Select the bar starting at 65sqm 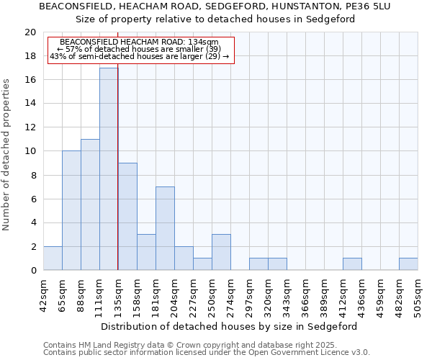tap(71, 211)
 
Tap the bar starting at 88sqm tap(90, 205)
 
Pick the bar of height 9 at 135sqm tap(127, 217)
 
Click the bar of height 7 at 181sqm tap(165, 229)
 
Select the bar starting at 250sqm tap(221, 253)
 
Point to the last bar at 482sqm tap(408, 264)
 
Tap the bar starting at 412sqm tap(352, 264)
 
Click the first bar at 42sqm tap(53, 258)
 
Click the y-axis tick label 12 tap(30, 127)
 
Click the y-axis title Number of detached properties tap(6, 154)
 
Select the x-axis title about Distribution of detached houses tap(229, 326)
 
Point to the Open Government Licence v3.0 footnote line tap(207, 353)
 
